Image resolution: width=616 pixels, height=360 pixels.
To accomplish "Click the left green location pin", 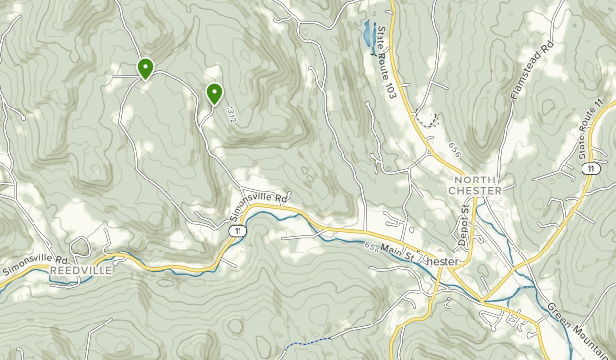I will (145, 68).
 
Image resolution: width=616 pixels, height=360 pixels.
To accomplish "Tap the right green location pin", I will (214, 93).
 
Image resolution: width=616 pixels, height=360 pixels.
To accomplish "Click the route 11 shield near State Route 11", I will (588, 170).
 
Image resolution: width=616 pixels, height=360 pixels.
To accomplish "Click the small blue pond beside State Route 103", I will (367, 35).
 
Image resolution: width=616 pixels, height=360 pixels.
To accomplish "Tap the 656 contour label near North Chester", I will (453, 149).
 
